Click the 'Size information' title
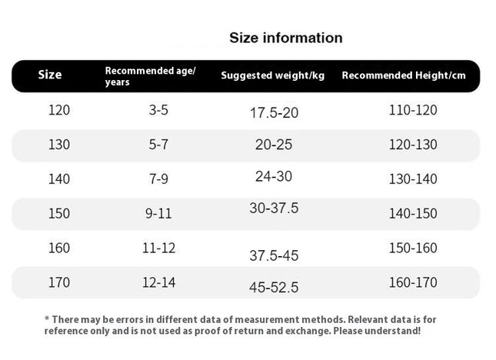click(x=285, y=38)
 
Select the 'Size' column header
click(x=50, y=75)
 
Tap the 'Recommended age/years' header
click(x=150, y=76)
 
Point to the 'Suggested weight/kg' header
click(x=273, y=75)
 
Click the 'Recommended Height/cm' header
click(x=404, y=75)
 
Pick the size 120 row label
click(x=59, y=110)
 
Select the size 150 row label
click(x=59, y=214)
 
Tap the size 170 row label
click(x=59, y=282)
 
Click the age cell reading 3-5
click(x=158, y=110)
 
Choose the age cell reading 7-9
click(x=158, y=179)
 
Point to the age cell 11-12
click(x=158, y=248)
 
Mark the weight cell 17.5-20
click(x=274, y=113)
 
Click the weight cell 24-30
click(x=274, y=176)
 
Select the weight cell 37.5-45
click(x=274, y=255)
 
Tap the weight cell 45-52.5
click(x=274, y=288)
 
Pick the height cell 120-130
click(x=413, y=145)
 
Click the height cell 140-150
click(x=413, y=214)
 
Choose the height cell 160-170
click(x=413, y=282)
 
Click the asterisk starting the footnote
click(x=47, y=318)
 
